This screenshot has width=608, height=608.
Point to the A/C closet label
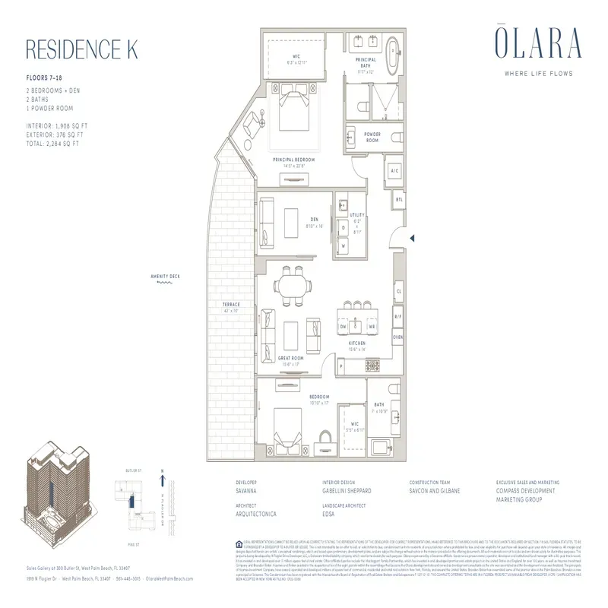(394, 172)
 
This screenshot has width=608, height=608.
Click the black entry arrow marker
(411, 239)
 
